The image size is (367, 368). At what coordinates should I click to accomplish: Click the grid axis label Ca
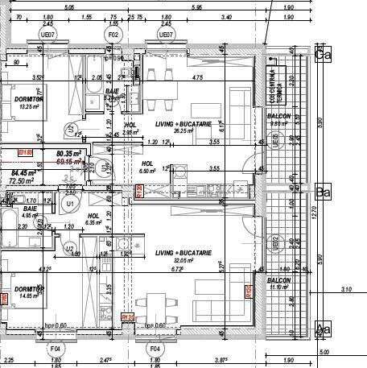point(324,56)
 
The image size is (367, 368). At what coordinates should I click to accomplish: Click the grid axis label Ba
point(324,193)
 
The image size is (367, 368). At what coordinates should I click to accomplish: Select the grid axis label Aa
point(324,329)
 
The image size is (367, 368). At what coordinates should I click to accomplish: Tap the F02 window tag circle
point(113,35)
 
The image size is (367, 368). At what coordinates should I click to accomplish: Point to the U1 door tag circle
point(71,205)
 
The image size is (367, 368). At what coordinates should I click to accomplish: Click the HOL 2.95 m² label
point(131,128)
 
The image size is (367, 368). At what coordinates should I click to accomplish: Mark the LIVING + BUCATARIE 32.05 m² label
point(183,256)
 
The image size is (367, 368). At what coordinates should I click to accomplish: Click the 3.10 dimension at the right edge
point(346,289)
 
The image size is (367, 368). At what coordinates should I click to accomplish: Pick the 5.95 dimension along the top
point(196,8)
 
